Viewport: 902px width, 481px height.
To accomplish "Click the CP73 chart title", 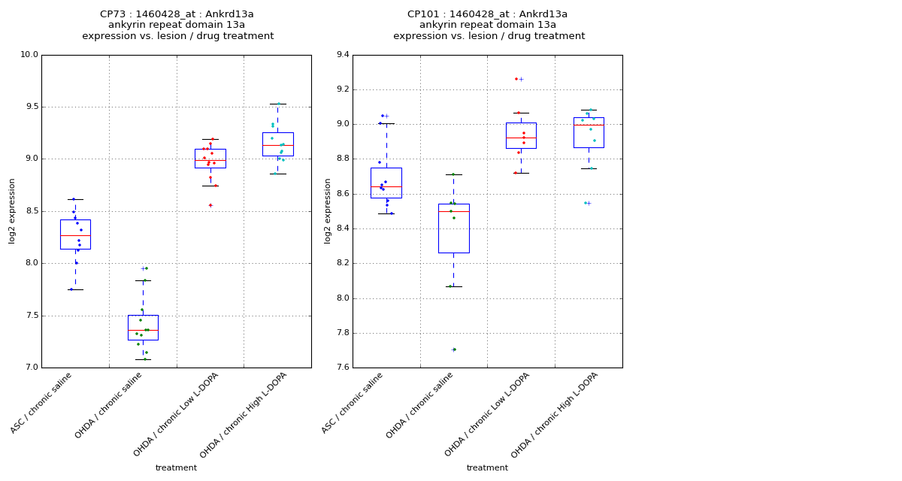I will click(177, 25).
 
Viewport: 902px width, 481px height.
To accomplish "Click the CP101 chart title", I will click(489, 25).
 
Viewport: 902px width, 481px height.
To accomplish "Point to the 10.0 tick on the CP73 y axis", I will click(29, 55).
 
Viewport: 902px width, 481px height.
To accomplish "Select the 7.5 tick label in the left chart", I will click(32, 316).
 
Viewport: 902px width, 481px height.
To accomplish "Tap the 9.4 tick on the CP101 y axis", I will click(342, 55).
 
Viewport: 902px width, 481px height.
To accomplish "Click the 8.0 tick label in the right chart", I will click(342, 298).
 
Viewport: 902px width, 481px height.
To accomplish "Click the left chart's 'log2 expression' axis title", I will click(12, 211).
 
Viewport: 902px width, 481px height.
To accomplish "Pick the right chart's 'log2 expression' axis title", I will click(328, 211).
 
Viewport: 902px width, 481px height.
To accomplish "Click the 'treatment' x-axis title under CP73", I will click(176, 468).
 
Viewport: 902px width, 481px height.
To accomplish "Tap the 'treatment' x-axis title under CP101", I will click(487, 468).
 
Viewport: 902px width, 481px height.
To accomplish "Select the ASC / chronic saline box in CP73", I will click(75, 234).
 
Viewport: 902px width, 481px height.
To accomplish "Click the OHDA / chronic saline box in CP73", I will click(143, 328).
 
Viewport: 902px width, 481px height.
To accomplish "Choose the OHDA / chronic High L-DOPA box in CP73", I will click(277, 144).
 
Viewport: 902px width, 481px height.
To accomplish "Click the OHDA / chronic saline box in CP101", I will click(453, 228).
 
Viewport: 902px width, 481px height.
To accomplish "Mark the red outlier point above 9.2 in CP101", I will click(516, 79).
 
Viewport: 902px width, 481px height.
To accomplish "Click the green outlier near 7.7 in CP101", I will click(454, 349).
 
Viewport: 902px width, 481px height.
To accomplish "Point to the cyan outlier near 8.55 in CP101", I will click(586, 203).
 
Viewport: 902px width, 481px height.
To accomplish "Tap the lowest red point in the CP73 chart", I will click(210, 205).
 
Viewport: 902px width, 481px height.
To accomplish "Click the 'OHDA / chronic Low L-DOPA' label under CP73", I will click(177, 414).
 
